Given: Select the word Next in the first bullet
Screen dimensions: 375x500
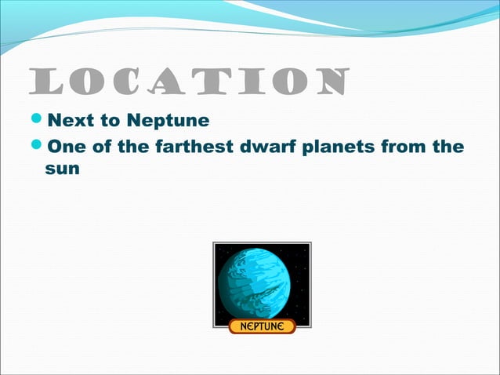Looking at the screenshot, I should point(67,121).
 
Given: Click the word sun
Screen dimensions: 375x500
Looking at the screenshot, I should point(62,169).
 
